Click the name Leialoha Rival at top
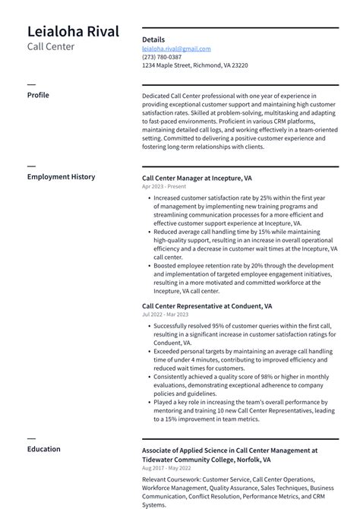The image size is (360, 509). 73,32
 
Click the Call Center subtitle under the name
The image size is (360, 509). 51,47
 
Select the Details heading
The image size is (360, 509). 153,40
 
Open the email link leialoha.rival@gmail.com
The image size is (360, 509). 176,49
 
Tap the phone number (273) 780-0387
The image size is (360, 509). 162,57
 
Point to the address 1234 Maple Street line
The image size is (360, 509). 194,65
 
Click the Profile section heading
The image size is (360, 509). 38,95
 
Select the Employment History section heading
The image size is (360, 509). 61,177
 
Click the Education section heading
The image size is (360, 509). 43,449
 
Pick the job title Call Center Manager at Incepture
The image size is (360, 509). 197,178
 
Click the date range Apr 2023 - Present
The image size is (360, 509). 163,187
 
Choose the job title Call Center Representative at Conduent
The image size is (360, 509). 207,306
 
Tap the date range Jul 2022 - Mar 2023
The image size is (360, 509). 165,315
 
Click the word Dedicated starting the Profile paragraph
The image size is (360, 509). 157,96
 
